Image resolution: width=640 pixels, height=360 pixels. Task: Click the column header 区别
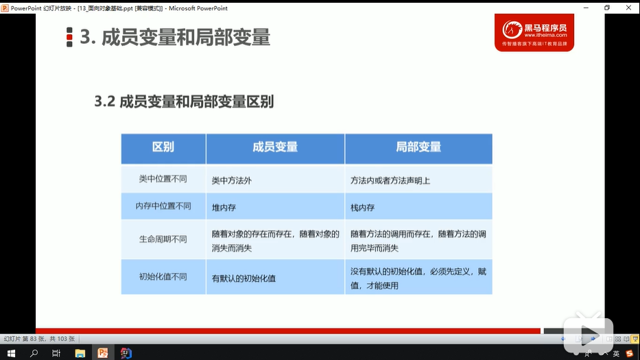pyautogui.click(x=163, y=147)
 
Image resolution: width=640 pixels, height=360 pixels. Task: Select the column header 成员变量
pyautogui.click(x=275, y=147)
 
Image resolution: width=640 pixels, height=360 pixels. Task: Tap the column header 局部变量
pyautogui.click(x=418, y=147)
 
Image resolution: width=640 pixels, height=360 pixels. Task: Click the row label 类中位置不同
pyautogui.click(x=163, y=179)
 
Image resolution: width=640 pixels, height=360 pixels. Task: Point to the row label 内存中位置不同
pyautogui.click(x=163, y=206)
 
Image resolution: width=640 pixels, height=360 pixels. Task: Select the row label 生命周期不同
pyautogui.click(x=163, y=239)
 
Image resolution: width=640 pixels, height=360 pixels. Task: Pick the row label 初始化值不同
pyautogui.click(x=163, y=277)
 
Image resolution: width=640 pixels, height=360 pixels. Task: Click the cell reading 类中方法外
pyautogui.click(x=231, y=180)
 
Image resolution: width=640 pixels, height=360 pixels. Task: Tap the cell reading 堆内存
pyautogui.click(x=224, y=208)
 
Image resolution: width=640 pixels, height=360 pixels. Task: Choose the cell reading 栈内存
pyautogui.click(x=362, y=208)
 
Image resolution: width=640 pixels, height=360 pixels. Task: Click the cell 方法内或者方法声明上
pyautogui.click(x=390, y=180)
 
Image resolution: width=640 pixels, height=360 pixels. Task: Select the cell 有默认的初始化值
pyautogui.click(x=244, y=278)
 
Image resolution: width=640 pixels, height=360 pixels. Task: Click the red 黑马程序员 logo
pyautogui.click(x=534, y=33)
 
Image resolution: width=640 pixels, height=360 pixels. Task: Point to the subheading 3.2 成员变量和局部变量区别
pyautogui.click(x=184, y=101)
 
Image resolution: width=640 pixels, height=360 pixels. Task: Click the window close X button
pyautogui.click(x=628, y=8)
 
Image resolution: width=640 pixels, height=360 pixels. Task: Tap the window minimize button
pyautogui.click(x=586, y=8)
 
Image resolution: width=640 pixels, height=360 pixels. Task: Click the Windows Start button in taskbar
pyautogui.click(x=11, y=353)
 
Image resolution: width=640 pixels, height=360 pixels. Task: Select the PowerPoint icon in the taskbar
pyautogui.click(x=103, y=353)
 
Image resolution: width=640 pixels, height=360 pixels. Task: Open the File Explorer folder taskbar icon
pyautogui.click(x=80, y=353)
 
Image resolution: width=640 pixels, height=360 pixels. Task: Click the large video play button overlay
pyautogui.click(x=588, y=334)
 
